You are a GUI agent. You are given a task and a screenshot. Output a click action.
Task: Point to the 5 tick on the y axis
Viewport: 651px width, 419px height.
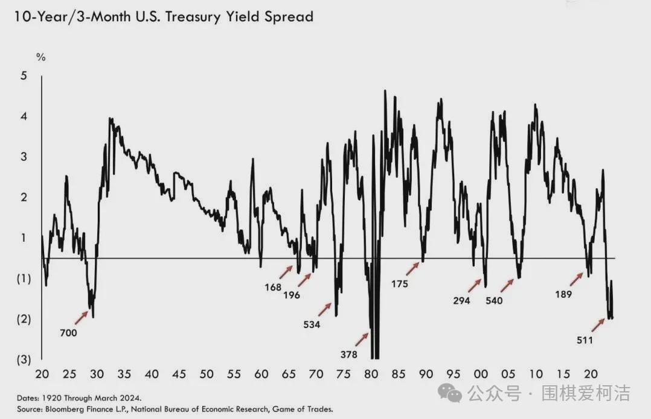pos(24,76)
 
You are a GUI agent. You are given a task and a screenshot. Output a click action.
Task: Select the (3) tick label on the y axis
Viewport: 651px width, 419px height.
pos(24,360)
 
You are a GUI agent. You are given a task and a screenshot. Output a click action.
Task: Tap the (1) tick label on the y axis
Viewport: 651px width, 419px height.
pos(24,279)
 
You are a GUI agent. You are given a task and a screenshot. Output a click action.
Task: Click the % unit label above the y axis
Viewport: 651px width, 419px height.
pos(41,57)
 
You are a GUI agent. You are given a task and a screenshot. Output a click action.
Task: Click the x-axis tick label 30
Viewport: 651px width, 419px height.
pos(97,374)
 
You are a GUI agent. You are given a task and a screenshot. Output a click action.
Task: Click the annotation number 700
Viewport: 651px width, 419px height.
pos(68,332)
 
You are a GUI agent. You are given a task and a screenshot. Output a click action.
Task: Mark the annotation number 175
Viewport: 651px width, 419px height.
pos(400,283)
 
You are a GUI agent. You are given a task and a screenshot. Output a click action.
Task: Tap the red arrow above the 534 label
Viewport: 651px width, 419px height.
pos(325,309)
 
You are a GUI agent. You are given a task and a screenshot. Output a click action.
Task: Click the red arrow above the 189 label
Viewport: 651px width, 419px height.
pos(577,279)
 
